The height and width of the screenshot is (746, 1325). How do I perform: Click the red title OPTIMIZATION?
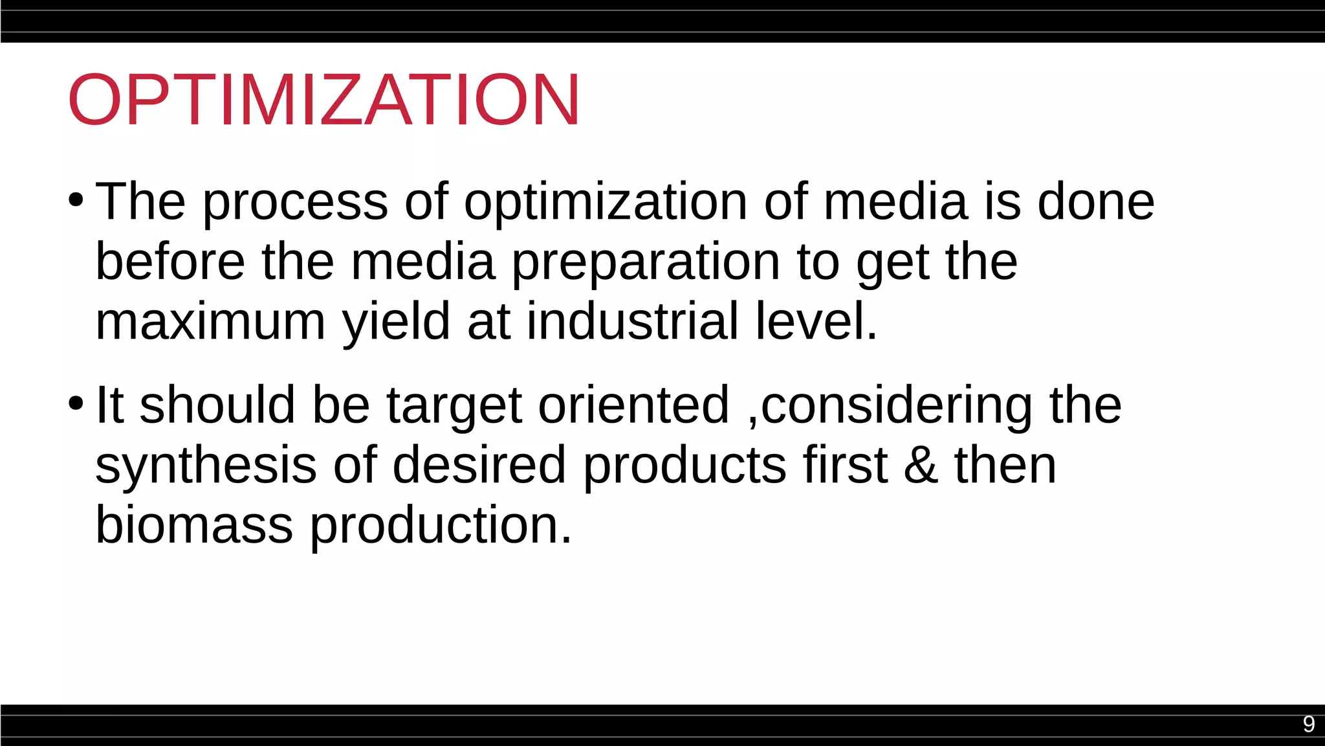click(x=323, y=100)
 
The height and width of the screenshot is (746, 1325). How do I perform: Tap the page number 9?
click(x=1308, y=724)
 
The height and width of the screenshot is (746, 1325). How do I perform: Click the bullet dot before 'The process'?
click(x=76, y=200)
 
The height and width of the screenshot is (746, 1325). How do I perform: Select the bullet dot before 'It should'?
click(x=76, y=403)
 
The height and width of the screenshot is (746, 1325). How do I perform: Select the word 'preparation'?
click(x=645, y=264)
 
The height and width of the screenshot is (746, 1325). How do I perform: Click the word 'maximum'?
click(x=210, y=322)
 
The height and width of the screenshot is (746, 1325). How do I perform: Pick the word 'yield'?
click(x=395, y=323)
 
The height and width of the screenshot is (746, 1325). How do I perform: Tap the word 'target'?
click(x=454, y=407)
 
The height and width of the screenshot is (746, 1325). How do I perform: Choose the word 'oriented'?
click(x=633, y=405)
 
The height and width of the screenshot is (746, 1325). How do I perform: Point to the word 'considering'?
click(x=896, y=407)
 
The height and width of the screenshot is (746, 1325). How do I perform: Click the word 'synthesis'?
click(x=206, y=465)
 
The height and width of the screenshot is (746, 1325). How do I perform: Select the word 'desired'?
click(x=479, y=465)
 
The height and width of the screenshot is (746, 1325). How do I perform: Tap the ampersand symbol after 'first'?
click(x=921, y=465)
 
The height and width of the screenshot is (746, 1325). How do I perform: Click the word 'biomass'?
click(x=194, y=525)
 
